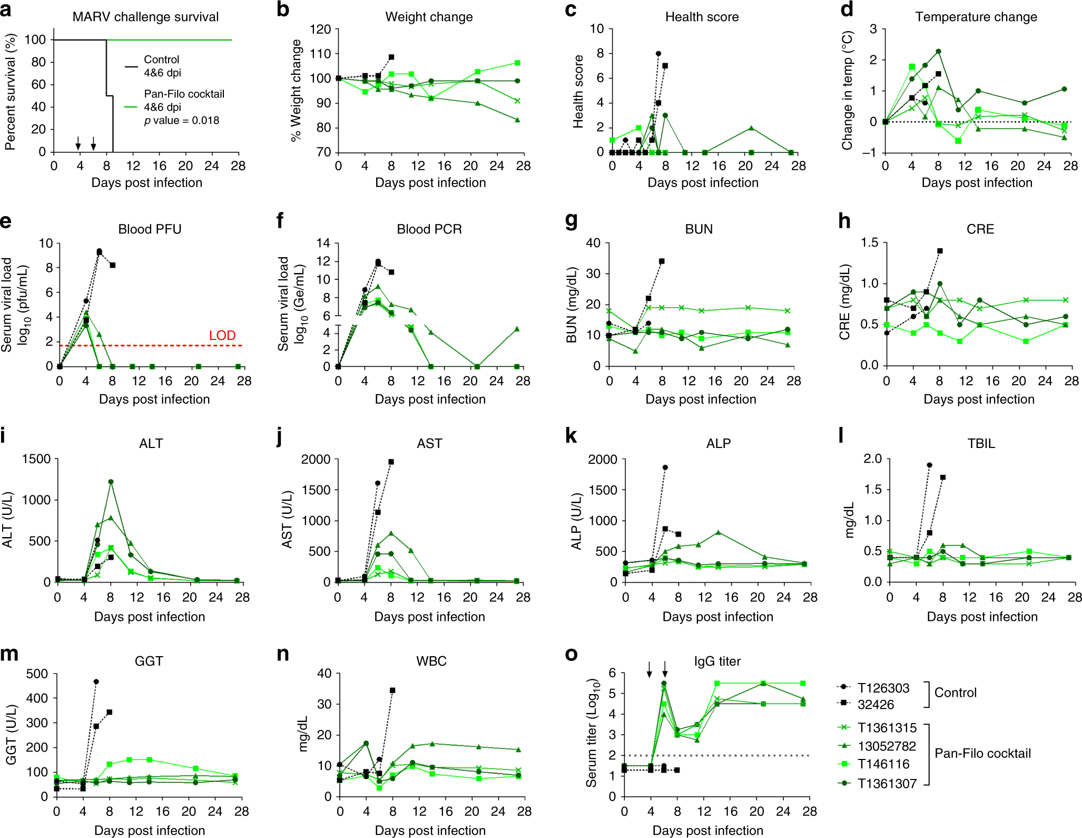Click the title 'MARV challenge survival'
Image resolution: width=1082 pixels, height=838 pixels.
(145, 17)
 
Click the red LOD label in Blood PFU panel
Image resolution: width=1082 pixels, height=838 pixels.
(222, 336)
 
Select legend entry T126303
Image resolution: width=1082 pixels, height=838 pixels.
(883, 688)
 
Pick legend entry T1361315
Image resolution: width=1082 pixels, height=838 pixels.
(887, 728)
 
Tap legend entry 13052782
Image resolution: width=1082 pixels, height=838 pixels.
(887, 746)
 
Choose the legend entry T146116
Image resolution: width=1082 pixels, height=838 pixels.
(883, 764)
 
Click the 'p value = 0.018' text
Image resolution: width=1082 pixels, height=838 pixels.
(182, 121)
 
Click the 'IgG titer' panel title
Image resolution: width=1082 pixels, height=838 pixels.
(717, 661)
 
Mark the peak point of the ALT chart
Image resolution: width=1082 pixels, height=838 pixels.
(111, 482)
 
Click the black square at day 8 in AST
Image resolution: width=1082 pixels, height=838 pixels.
(391, 462)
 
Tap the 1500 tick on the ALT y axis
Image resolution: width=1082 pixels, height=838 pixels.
(36, 459)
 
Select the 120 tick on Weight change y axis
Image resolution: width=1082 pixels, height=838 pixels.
(321, 29)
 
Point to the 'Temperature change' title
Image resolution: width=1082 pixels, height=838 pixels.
(976, 17)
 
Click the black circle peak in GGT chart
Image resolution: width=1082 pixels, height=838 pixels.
(96, 681)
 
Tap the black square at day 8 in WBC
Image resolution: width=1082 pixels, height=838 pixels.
(392, 690)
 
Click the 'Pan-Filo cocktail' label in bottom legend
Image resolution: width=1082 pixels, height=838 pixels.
(982, 754)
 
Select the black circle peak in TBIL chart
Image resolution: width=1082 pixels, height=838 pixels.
(930, 465)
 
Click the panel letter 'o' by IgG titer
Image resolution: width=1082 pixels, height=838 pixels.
(571, 654)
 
